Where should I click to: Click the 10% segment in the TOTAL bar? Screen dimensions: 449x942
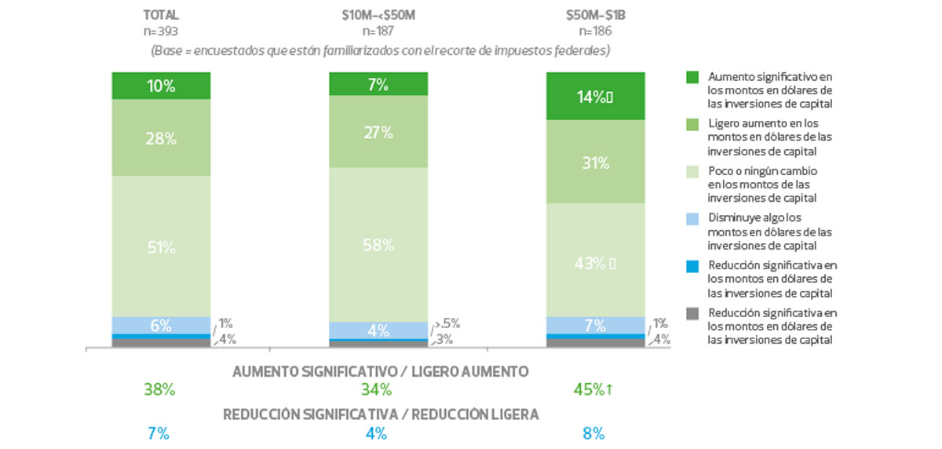click(160, 86)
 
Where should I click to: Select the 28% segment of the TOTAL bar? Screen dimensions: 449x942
click(160, 138)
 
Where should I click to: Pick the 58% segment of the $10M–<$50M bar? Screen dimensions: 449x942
click(378, 244)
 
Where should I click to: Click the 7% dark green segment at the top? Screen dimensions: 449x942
click(378, 84)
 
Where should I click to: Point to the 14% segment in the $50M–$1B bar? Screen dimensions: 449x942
click(596, 97)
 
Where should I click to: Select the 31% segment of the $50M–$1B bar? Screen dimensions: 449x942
click(596, 162)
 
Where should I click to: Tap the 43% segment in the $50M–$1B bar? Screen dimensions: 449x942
click(596, 261)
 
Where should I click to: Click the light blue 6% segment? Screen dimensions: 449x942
click(160, 325)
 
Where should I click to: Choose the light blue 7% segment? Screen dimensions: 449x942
click(596, 325)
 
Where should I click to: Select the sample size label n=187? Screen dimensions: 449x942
click(378, 32)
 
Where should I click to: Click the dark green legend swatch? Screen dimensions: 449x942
click(692, 77)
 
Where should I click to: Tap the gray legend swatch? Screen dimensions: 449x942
click(692, 314)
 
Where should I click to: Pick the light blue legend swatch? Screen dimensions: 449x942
click(692, 218)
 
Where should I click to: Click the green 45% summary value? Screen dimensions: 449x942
click(595, 389)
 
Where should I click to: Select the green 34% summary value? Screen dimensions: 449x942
click(378, 389)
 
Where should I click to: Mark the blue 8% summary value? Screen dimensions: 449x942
click(594, 433)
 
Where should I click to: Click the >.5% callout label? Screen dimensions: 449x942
click(449, 323)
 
